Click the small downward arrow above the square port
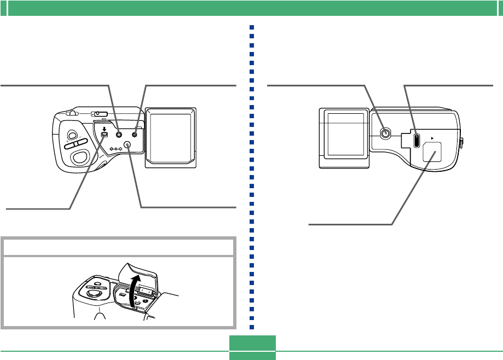coord(104,129)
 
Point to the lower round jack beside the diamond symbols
coord(128,144)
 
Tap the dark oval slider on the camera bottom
coord(417,140)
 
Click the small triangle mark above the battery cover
coord(433,140)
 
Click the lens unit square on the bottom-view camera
coord(345,137)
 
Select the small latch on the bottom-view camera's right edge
coord(462,143)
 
